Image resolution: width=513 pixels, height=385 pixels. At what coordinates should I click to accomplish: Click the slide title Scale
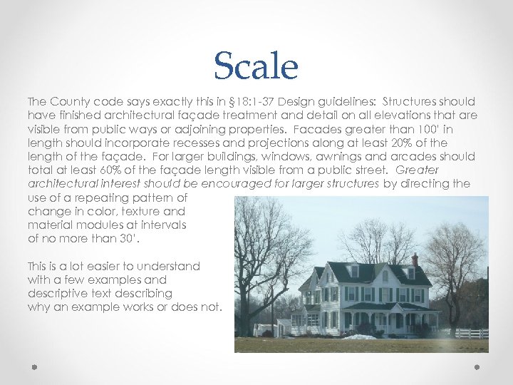tap(256, 66)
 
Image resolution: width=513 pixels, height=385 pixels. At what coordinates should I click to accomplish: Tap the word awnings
tap(347, 157)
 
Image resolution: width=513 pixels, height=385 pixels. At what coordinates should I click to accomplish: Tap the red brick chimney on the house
tap(415, 260)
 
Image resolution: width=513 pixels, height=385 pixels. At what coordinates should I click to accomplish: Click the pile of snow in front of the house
tap(361, 336)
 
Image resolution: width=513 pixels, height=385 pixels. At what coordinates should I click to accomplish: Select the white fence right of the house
tap(470, 333)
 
